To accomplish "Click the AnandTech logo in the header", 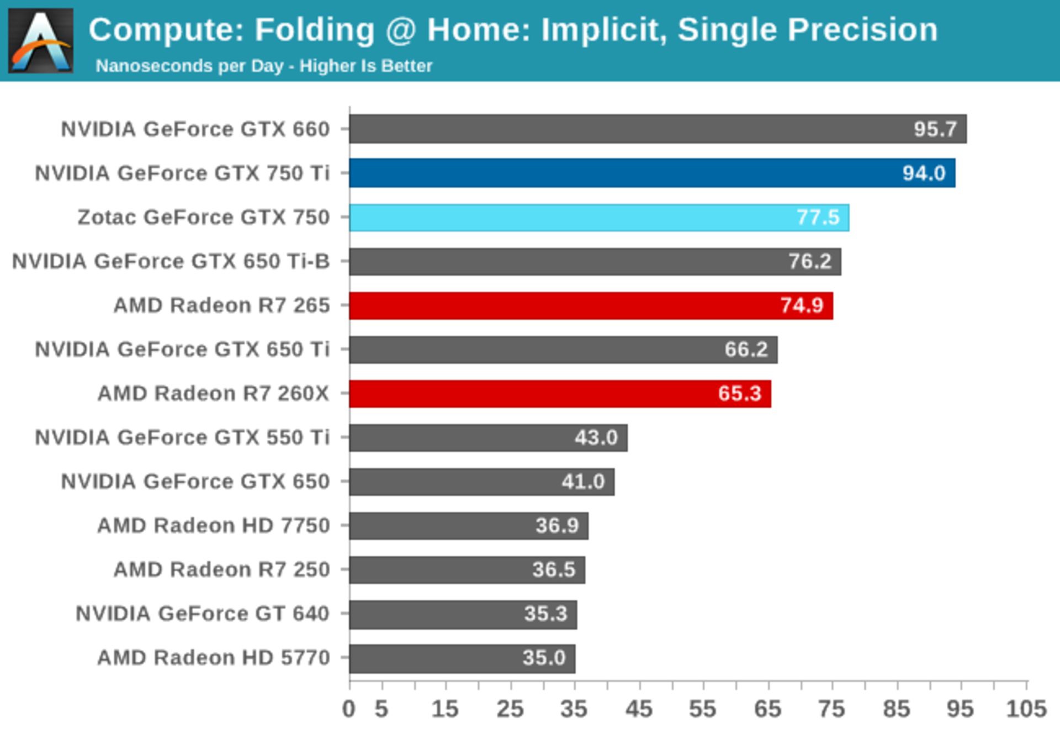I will click(x=40, y=40).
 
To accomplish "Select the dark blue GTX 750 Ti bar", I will click(x=651, y=173).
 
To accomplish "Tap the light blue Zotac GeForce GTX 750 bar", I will click(x=598, y=217).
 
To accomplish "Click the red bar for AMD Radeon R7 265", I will click(x=591, y=305).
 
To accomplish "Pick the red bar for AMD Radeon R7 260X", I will click(x=560, y=394).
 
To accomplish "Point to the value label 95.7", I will click(x=935, y=129).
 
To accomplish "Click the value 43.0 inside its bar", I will click(x=596, y=437).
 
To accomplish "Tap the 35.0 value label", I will click(x=544, y=658).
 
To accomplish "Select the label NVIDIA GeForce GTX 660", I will click(x=195, y=129).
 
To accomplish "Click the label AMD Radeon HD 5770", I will click(x=213, y=658).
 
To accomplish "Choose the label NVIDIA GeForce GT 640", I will click(x=202, y=614).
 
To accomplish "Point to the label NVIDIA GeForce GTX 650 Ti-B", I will click(x=171, y=261).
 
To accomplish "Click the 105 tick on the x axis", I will click(x=1026, y=709).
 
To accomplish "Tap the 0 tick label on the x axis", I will click(x=348, y=709).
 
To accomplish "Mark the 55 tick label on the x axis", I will click(x=702, y=709).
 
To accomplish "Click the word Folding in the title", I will click(x=315, y=30).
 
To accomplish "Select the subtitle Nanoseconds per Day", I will click(x=189, y=66).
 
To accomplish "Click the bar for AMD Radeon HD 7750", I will click(x=468, y=526).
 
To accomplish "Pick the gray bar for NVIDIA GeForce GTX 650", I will click(x=481, y=482).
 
